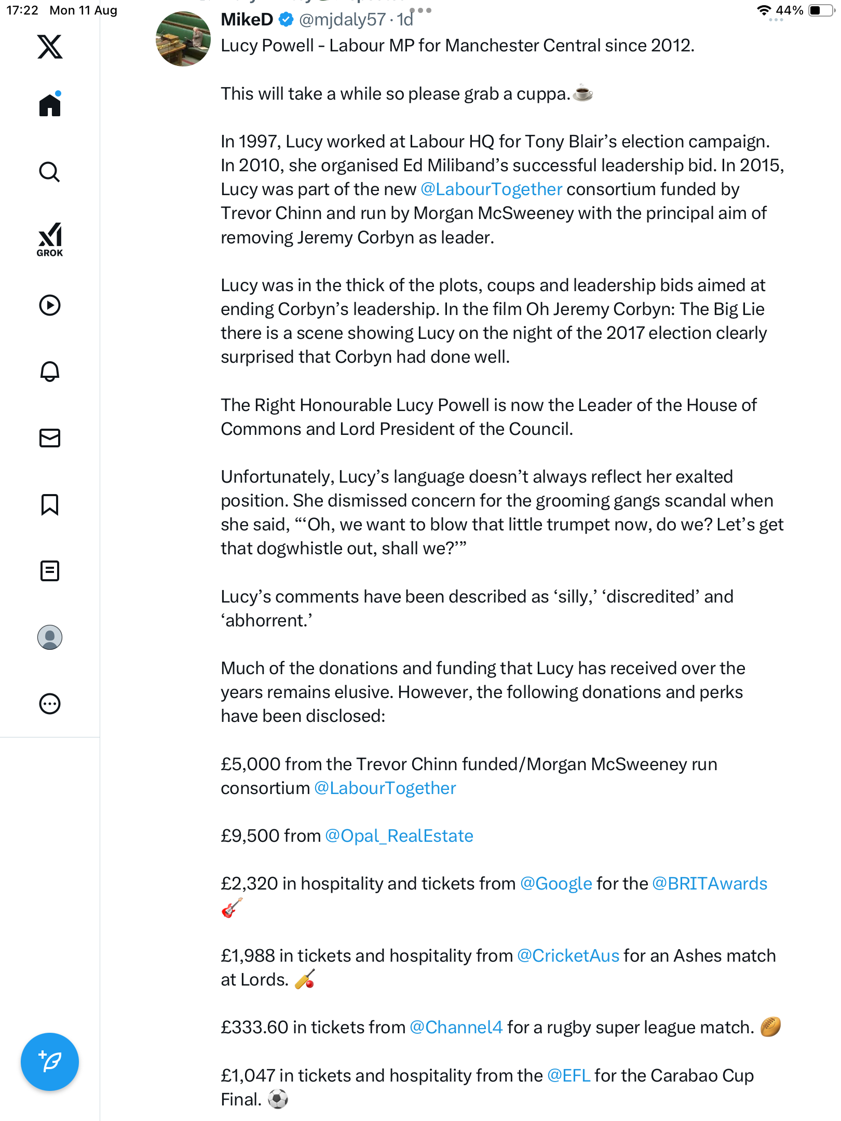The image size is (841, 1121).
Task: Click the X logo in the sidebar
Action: click(x=50, y=47)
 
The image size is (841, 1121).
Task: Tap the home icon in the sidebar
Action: click(x=50, y=105)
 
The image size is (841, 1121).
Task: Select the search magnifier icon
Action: click(x=50, y=172)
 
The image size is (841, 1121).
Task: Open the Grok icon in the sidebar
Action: click(x=50, y=239)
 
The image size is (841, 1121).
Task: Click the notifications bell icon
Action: click(x=50, y=372)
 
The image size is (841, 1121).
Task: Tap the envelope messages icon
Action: click(x=50, y=438)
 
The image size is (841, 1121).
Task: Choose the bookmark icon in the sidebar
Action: click(x=50, y=504)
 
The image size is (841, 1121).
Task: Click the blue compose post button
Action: click(x=50, y=1062)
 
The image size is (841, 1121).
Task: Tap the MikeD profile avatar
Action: click(x=183, y=39)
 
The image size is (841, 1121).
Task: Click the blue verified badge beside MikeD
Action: click(x=286, y=20)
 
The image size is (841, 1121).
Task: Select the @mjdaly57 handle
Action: click(x=342, y=20)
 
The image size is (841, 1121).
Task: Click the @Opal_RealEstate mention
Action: click(x=399, y=836)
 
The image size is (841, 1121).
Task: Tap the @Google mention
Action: click(x=556, y=884)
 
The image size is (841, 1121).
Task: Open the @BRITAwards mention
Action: click(x=709, y=884)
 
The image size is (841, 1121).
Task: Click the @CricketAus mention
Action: click(x=568, y=956)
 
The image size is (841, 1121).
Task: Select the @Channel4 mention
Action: click(x=456, y=1028)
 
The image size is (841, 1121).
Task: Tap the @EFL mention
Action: click(x=568, y=1076)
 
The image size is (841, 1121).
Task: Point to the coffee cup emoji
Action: click(x=584, y=93)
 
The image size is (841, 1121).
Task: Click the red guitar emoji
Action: click(x=232, y=908)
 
